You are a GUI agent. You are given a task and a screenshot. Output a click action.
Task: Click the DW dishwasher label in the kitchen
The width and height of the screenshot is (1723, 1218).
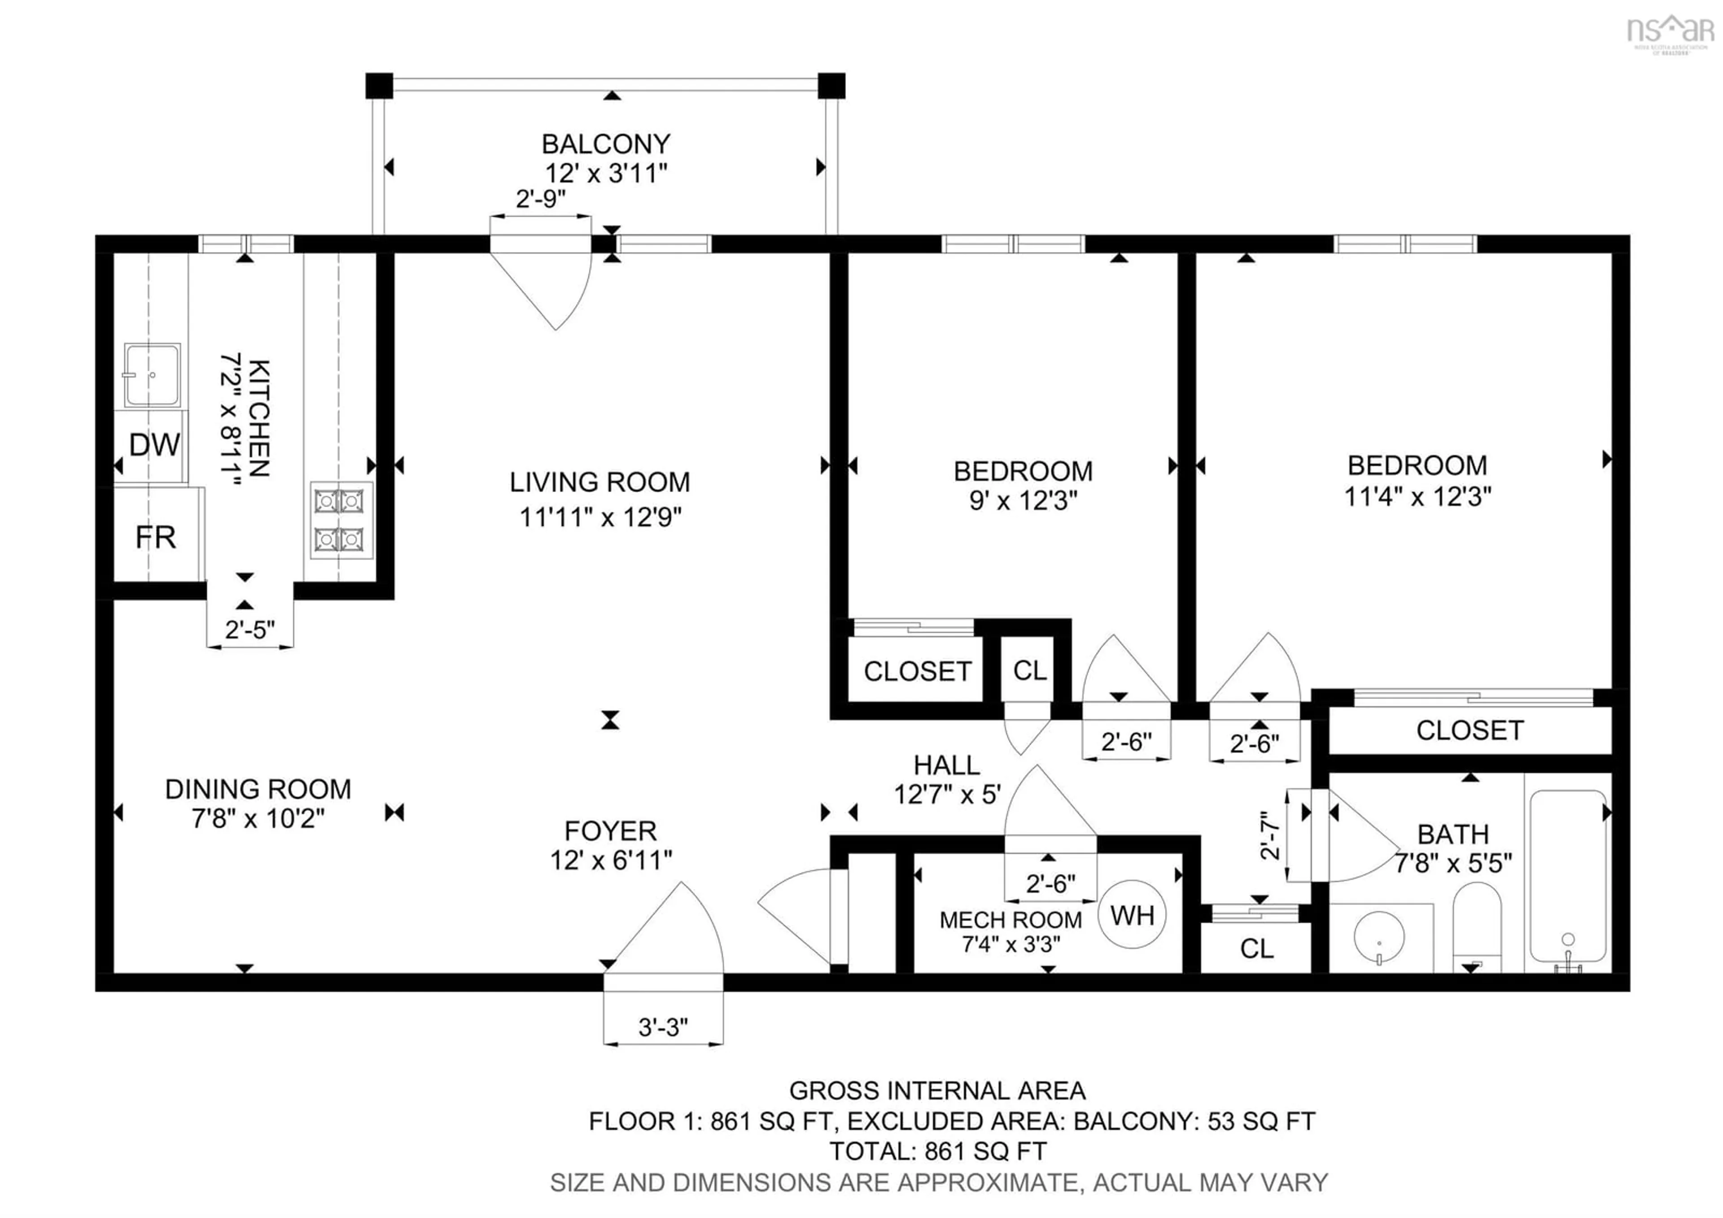[x=155, y=446]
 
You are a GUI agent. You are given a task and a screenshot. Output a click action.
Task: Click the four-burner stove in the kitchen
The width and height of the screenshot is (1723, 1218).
[x=340, y=520]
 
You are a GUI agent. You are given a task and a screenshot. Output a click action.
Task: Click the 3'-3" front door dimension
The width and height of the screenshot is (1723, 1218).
[x=663, y=1027]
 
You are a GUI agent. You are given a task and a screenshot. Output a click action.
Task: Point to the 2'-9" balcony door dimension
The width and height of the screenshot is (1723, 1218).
[x=540, y=199]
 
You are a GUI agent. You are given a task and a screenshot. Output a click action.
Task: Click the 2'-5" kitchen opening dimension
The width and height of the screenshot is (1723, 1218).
[x=250, y=629]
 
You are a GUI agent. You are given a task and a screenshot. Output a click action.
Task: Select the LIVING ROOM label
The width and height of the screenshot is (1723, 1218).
[x=599, y=482]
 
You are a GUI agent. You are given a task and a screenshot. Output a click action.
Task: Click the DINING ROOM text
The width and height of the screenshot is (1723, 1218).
[x=258, y=789]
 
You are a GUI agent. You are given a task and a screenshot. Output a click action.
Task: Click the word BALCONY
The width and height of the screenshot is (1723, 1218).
[x=606, y=143]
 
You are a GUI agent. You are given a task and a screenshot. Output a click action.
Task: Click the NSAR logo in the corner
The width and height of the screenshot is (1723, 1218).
[x=1670, y=31]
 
